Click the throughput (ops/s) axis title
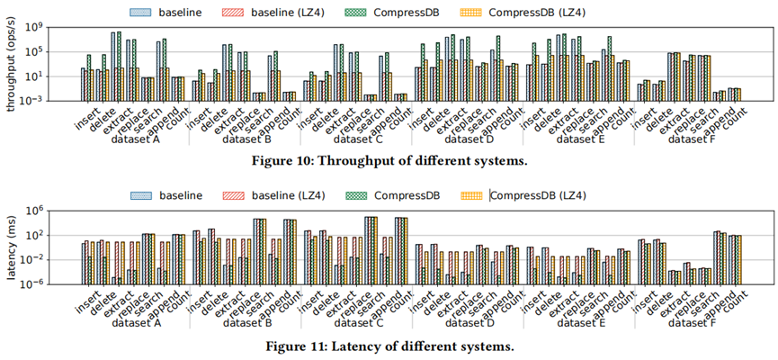coord(12,65)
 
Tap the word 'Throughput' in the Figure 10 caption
coord(384,161)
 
